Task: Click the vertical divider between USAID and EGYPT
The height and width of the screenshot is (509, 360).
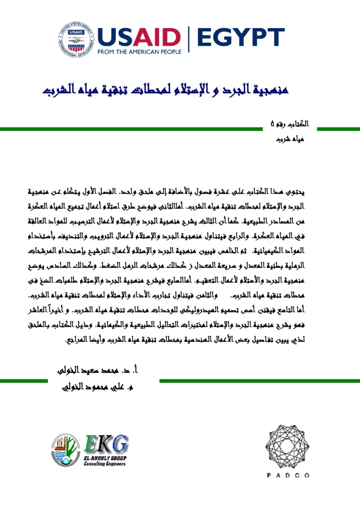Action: (x=189, y=40)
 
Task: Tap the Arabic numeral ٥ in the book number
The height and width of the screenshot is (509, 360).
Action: (x=273, y=125)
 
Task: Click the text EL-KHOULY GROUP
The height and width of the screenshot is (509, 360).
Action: (x=105, y=457)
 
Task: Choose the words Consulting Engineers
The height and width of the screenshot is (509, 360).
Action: (x=105, y=464)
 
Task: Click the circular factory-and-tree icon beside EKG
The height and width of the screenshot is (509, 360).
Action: (x=66, y=449)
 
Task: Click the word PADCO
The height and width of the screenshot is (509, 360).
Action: (x=288, y=475)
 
